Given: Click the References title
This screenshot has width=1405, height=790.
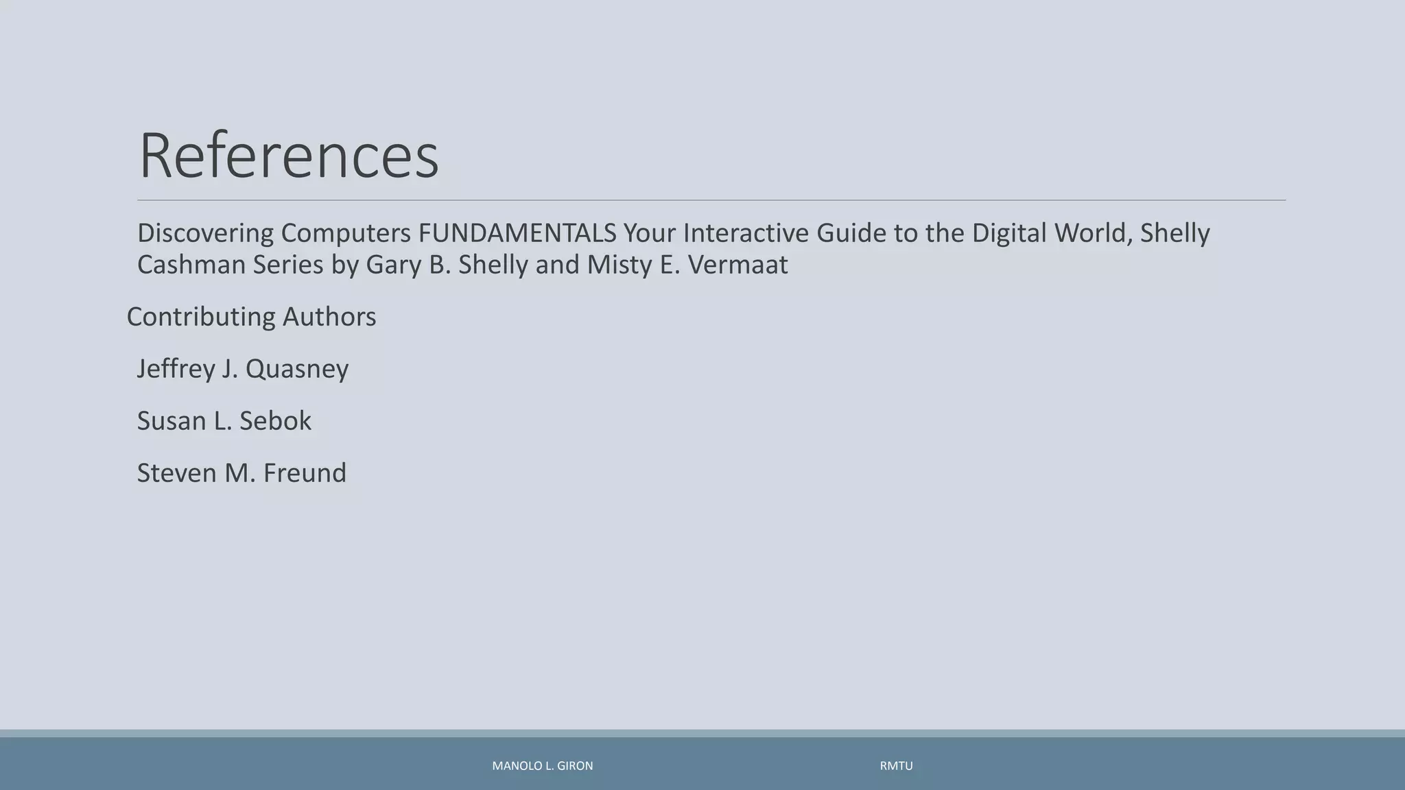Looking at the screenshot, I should click(x=288, y=156).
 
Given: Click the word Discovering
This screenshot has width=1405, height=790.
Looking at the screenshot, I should click(x=205, y=233).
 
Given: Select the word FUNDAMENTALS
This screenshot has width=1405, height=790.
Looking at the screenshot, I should click(x=517, y=233).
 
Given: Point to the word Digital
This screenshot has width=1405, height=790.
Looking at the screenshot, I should click(x=1009, y=233).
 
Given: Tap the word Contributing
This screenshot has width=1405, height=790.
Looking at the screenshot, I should click(x=200, y=317).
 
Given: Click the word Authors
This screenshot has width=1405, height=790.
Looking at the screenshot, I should click(x=329, y=317).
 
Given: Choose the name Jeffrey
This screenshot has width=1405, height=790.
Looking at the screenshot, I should click(x=176, y=369).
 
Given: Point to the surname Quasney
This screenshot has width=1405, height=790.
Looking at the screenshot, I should click(x=297, y=369).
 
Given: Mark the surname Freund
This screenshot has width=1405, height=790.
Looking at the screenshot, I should click(x=305, y=473).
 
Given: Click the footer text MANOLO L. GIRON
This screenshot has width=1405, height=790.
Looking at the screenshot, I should click(x=543, y=766).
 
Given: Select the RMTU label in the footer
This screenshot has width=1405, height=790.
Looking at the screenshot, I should click(x=896, y=766).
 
